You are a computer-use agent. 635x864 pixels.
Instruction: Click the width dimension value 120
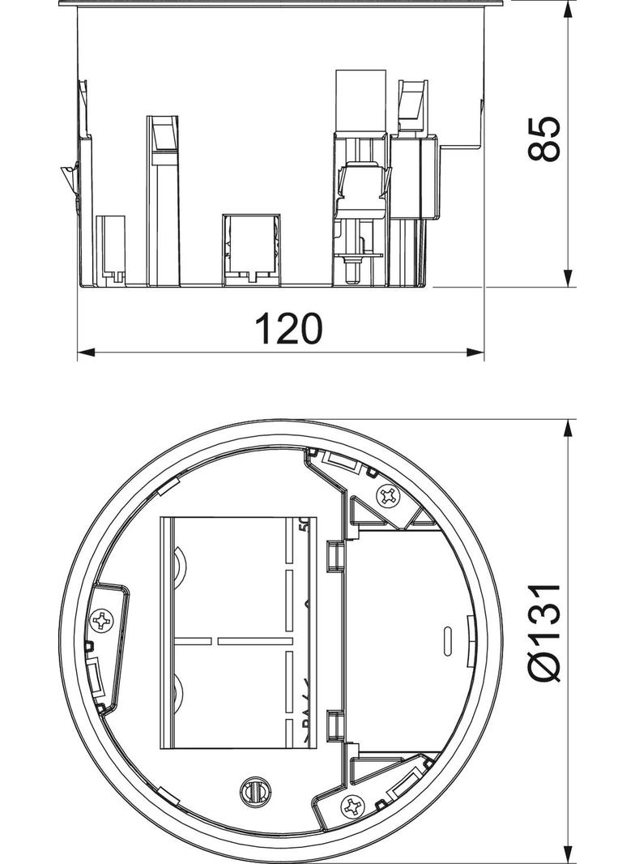point(288,328)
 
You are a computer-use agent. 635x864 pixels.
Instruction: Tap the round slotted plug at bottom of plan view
point(253,792)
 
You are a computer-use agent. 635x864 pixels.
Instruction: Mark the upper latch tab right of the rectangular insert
point(332,556)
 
